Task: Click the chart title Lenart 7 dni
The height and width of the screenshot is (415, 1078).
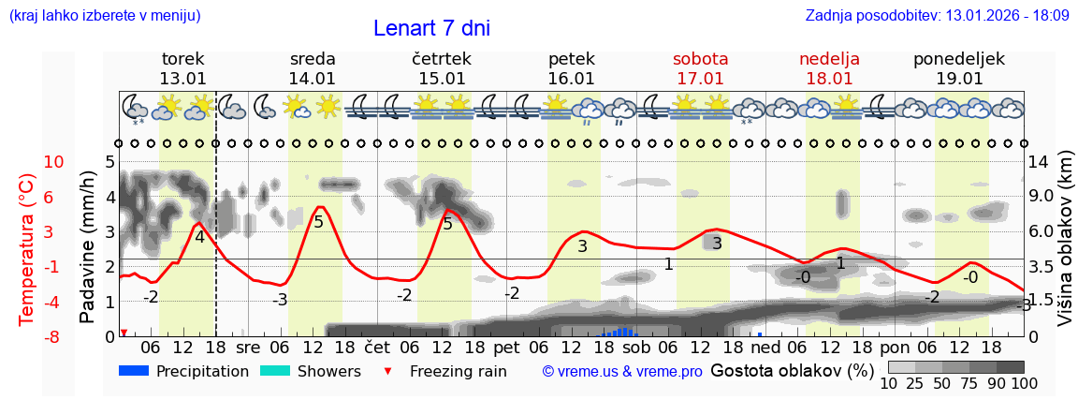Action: [x=431, y=28]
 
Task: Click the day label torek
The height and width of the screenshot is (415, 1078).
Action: [x=182, y=59]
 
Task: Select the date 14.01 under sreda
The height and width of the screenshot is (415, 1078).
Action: [x=312, y=79]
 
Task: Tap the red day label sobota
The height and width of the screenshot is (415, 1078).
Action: [x=700, y=59]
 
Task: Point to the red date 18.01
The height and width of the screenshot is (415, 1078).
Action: [x=829, y=79]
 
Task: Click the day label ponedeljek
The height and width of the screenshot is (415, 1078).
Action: [x=959, y=59]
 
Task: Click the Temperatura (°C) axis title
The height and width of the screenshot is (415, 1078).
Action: [x=27, y=247]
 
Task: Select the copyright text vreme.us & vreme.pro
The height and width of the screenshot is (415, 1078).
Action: [x=622, y=371]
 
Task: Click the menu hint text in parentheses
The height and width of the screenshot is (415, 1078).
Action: [x=105, y=16]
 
